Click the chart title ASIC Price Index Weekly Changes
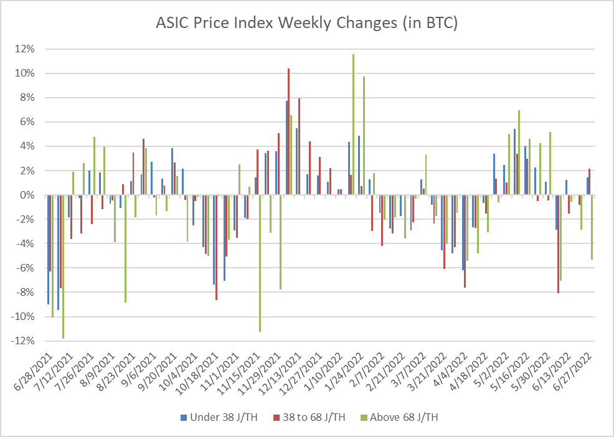tap(306, 24)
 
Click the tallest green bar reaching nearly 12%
tap(353, 125)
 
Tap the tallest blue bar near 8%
tap(286, 148)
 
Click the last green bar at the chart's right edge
tap(592, 227)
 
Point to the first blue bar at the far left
tap(47, 250)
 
